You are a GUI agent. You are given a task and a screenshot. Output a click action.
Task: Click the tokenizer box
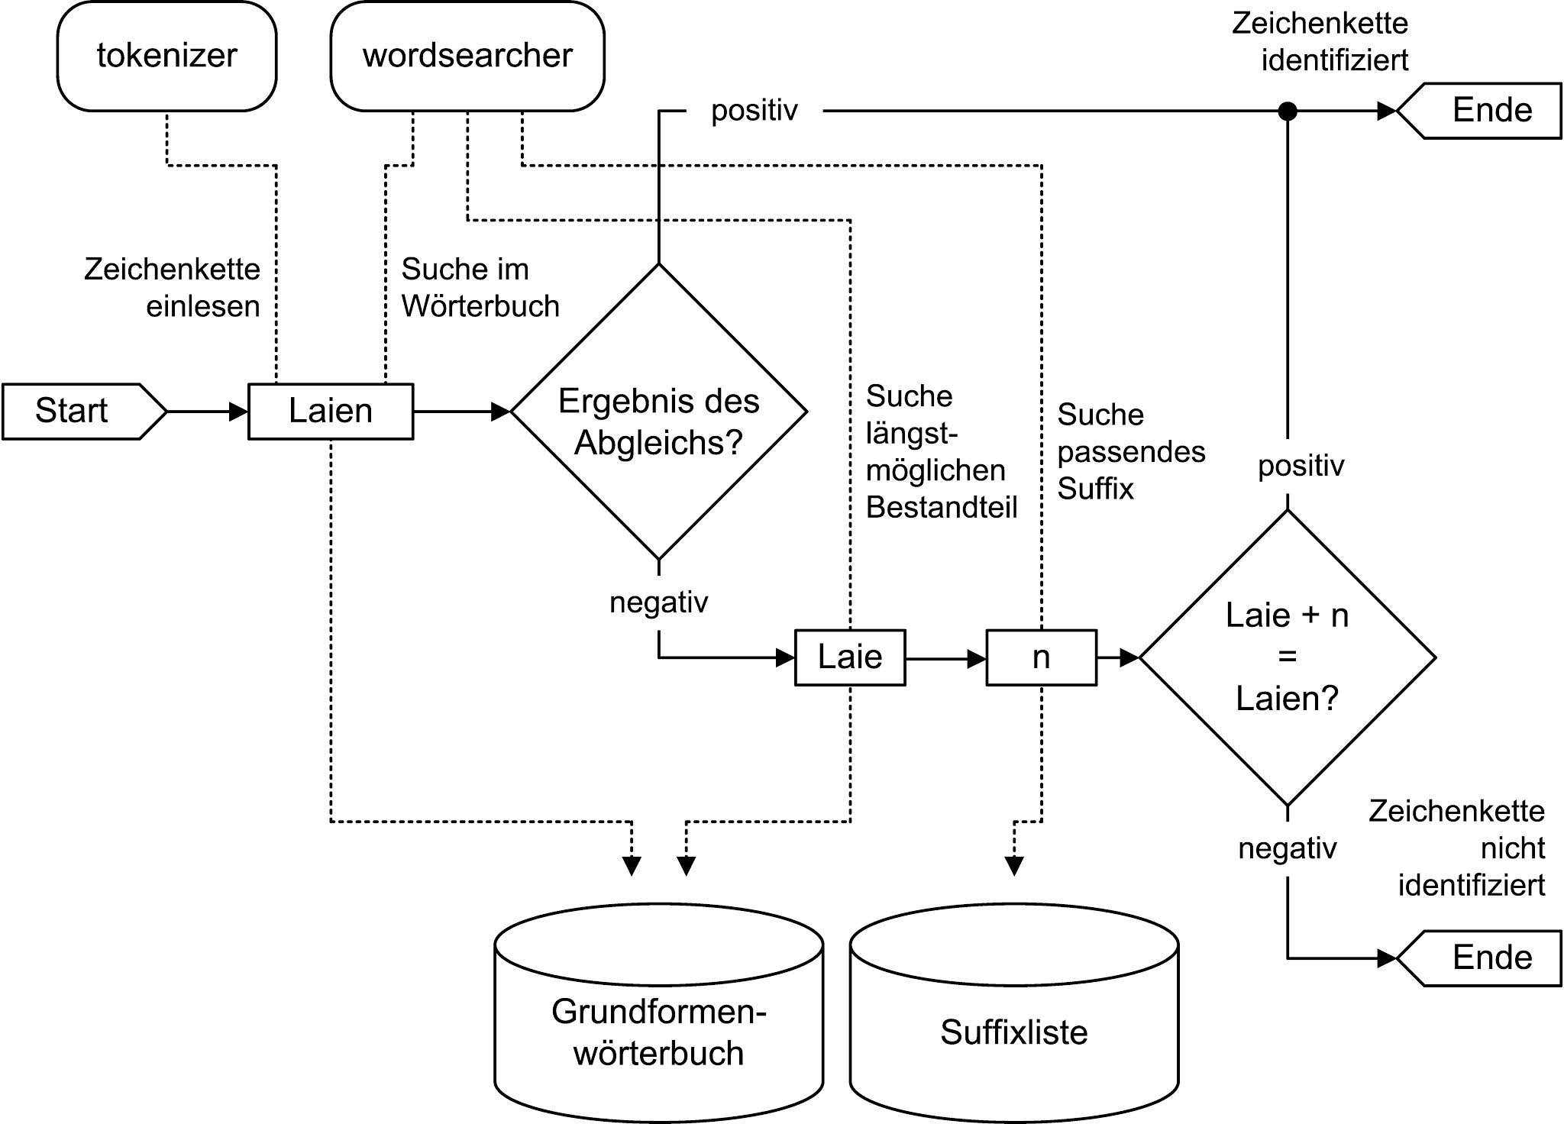click(x=166, y=56)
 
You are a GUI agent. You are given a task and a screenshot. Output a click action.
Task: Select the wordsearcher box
click(x=467, y=56)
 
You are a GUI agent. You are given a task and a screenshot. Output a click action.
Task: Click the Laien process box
click(x=331, y=411)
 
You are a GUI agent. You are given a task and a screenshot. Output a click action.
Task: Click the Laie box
click(x=850, y=657)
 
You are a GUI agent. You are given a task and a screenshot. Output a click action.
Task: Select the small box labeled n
click(x=1041, y=657)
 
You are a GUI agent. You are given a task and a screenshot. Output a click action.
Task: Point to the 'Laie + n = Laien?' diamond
click(x=1288, y=657)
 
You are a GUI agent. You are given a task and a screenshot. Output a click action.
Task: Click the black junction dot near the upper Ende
click(x=1288, y=111)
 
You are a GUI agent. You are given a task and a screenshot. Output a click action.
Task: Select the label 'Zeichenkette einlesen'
click(x=173, y=287)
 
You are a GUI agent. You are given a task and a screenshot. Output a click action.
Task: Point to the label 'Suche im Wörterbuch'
click(x=480, y=287)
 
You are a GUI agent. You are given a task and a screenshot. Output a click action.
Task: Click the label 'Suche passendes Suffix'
click(x=1130, y=451)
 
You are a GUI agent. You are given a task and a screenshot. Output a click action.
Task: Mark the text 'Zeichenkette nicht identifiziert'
click(x=1457, y=848)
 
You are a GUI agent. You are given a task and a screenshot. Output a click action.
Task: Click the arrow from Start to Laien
click(x=207, y=412)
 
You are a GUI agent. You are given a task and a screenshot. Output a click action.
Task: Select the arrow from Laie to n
click(x=945, y=657)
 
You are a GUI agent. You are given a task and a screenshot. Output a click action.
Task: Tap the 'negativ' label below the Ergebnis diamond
click(x=658, y=602)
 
